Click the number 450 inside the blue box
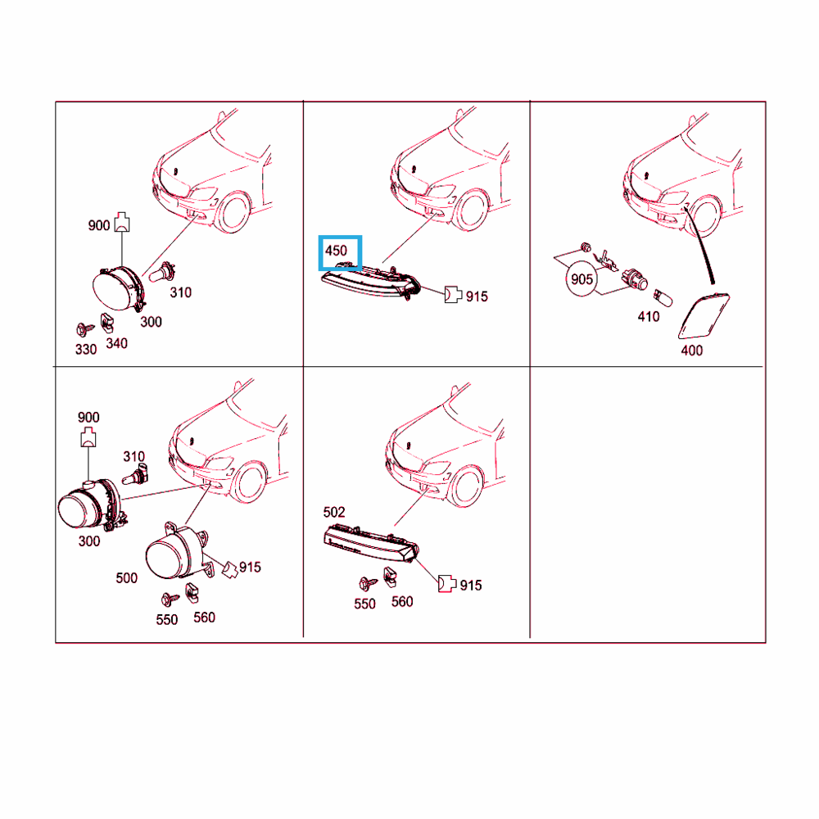(x=336, y=251)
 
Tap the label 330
(x=86, y=349)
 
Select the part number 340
(x=116, y=343)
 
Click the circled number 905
(x=581, y=279)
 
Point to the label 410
(x=648, y=316)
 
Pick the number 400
(x=691, y=351)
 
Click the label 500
(x=126, y=577)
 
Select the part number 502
(x=334, y=512)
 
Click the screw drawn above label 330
(x=84, y=329)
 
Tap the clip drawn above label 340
(x=107, y=322)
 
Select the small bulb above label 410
(x=663, y=299)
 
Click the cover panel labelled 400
(x=703, y=316)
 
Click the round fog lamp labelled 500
(x=177, y=553)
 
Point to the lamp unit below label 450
(x=370, y=282)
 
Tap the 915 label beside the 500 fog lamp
(x=250, y=568)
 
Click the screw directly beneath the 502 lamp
(x=367, y=583)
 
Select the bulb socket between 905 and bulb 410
(x=635, y=278)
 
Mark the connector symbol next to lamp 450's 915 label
(x=453, y=295)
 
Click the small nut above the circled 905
(x=586, y=247)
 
